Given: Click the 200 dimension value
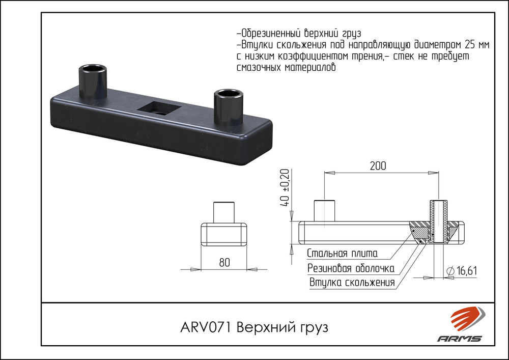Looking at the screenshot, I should point(377,165).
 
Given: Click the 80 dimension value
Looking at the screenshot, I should point(224,263).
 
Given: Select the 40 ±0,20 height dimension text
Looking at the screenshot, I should point(285,187).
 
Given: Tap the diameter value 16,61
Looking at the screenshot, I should point(467,271).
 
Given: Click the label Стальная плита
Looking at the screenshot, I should point(342,254).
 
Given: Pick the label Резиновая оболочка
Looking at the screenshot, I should point(351,268).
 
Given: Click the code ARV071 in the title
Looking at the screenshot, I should point(206,327).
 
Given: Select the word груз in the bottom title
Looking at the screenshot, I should point(311,327).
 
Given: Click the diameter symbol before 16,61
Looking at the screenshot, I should point(449,271).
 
